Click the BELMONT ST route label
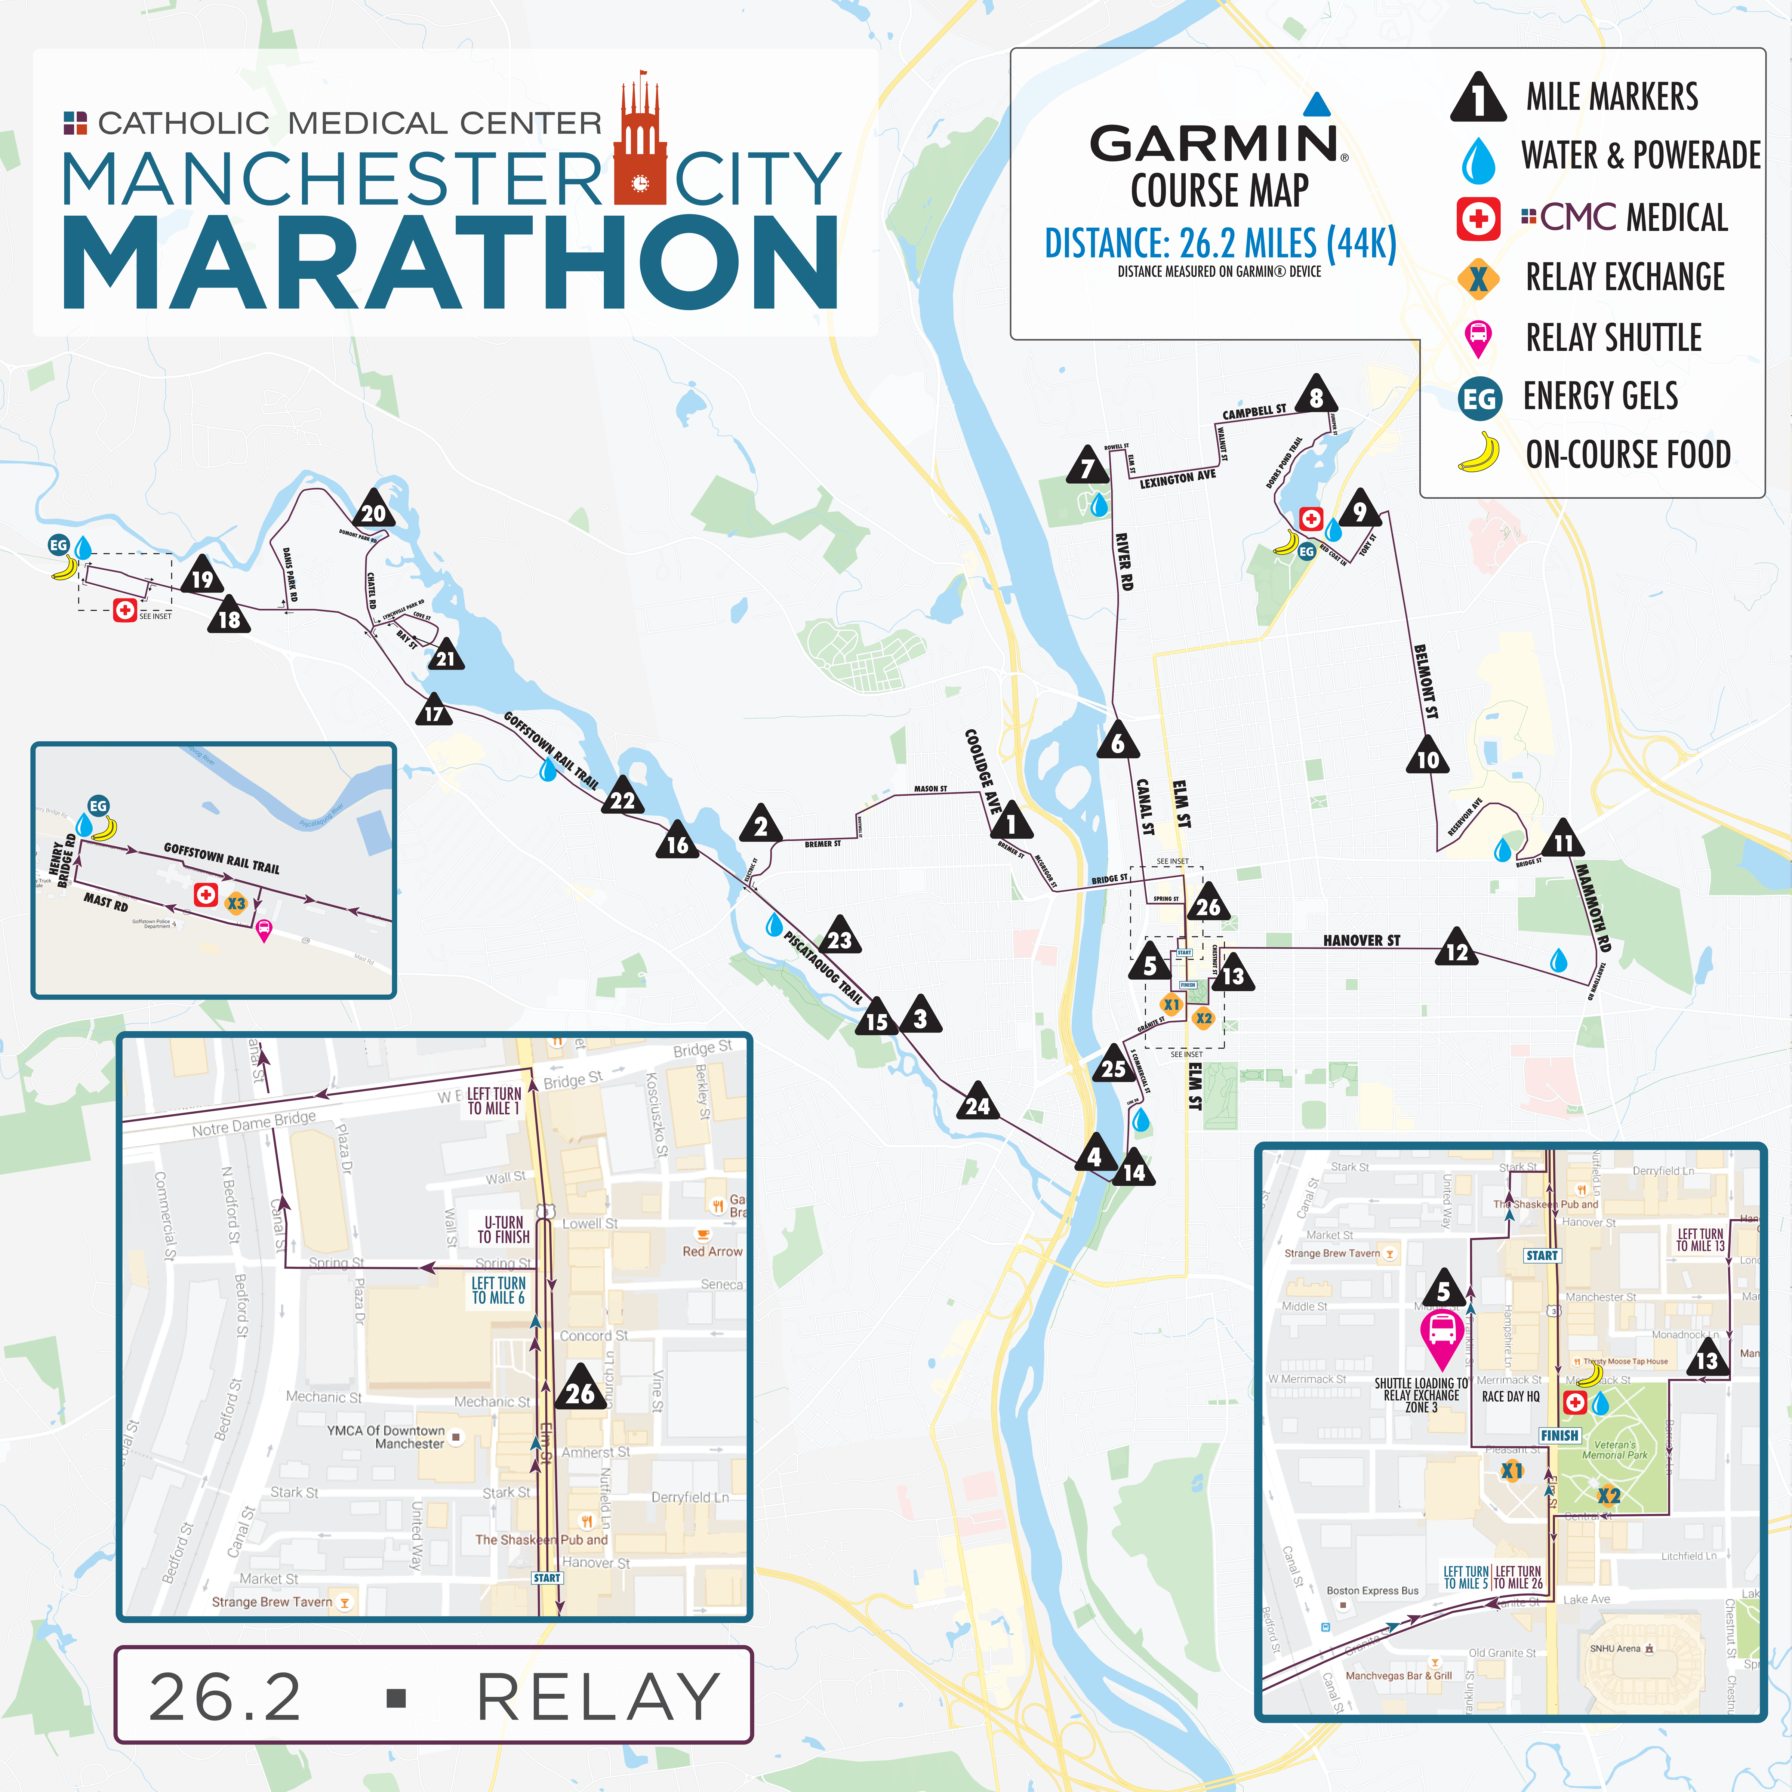pyautogui.click(x=1426, y=682)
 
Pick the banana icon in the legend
pyautogui.click(x=1478, y=453)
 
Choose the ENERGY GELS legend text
pyautogui.click(x=1600, y=396)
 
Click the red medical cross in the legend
pyautogui.click(x=1478, y=219)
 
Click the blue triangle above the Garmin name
pyautogui.click(x=1317, y=104)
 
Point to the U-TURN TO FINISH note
pyautogui.click(x=504, y=1229)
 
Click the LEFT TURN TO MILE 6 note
pyautogui.click(x=498, y=1290)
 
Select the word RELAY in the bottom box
pyautogui.click(x=598, y=1697)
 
